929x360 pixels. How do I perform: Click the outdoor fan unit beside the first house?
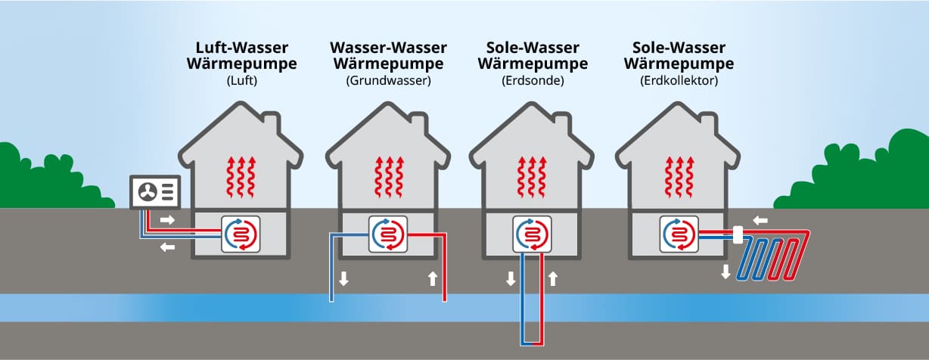click(x=157, y=192)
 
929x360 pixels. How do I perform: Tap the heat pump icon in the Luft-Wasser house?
click(x=241, y=234)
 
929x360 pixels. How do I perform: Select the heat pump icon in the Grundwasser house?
click(x=388, y=234)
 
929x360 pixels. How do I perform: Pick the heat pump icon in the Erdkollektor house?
click(x=678, y=234)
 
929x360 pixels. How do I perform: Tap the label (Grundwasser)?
click(x=388, y=79)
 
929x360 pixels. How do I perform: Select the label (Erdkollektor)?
click(x=679, y=79)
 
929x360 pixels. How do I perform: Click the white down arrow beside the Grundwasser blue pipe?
click(x=343, y=278)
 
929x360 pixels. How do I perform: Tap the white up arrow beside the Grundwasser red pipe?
click(x=432, y=278)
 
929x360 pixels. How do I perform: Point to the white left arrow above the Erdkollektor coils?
click(x=760, y=220)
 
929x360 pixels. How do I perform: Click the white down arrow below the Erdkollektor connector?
click(x=725, y=272)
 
